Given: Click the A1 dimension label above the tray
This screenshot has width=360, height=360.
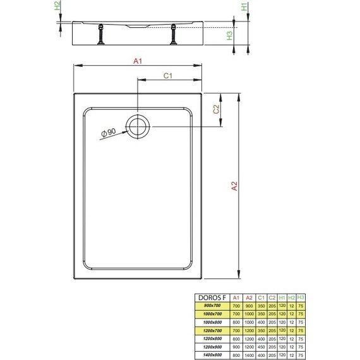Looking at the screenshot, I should point(137,61).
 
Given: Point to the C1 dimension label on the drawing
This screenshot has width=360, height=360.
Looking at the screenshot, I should point(169,76).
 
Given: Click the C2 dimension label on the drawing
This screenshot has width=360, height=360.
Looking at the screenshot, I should point(216,110).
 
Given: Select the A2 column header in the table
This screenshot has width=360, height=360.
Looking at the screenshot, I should point(249,297).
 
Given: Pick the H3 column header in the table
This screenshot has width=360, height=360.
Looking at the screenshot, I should point(300,297).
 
